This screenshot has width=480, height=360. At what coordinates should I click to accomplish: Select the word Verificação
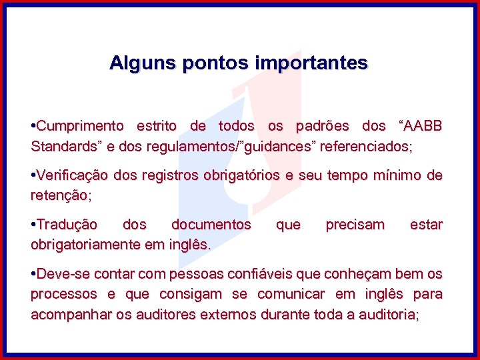[x=73, y=175]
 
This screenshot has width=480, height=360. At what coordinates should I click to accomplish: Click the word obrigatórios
[x=240, y=175]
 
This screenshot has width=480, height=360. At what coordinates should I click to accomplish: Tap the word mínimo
[x=399, y=175]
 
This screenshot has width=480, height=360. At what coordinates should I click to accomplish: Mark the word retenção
[x=59, y=196]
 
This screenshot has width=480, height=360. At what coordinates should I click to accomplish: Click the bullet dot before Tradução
[x=33, y=225]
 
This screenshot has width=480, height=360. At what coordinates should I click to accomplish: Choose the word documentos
[x=211, y=225]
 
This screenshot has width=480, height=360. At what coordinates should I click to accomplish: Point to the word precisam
[x=355, y=225]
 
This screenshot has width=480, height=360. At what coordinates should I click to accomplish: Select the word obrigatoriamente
[x=85, y=245]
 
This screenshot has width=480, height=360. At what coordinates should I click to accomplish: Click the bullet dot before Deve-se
[x=33, y=275]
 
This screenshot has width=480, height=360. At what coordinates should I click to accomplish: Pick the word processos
[x=60, y=295]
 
